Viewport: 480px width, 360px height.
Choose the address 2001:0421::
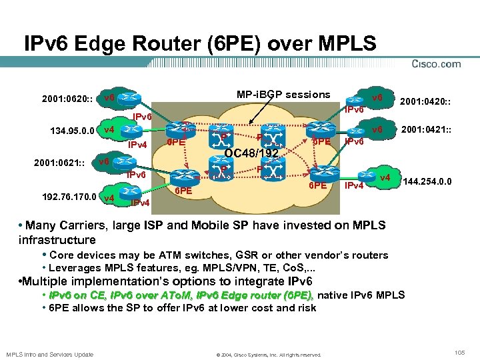point(426,129)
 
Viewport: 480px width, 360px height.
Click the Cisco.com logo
point(437,64)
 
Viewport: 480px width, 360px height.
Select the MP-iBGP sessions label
point(283,95)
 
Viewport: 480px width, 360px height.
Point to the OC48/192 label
point(251,155)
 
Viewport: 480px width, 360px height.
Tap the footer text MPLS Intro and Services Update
point(51,354)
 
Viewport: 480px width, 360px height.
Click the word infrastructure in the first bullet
point(58,239)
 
